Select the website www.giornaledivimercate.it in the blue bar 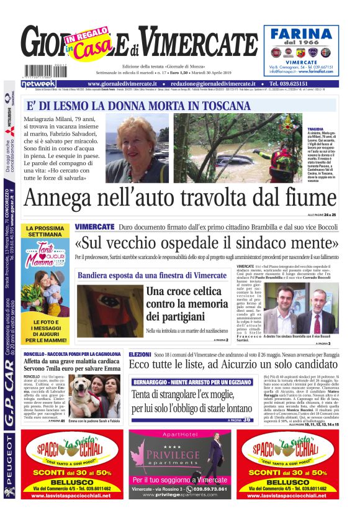pyautogui.click(x=127, y=83)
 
